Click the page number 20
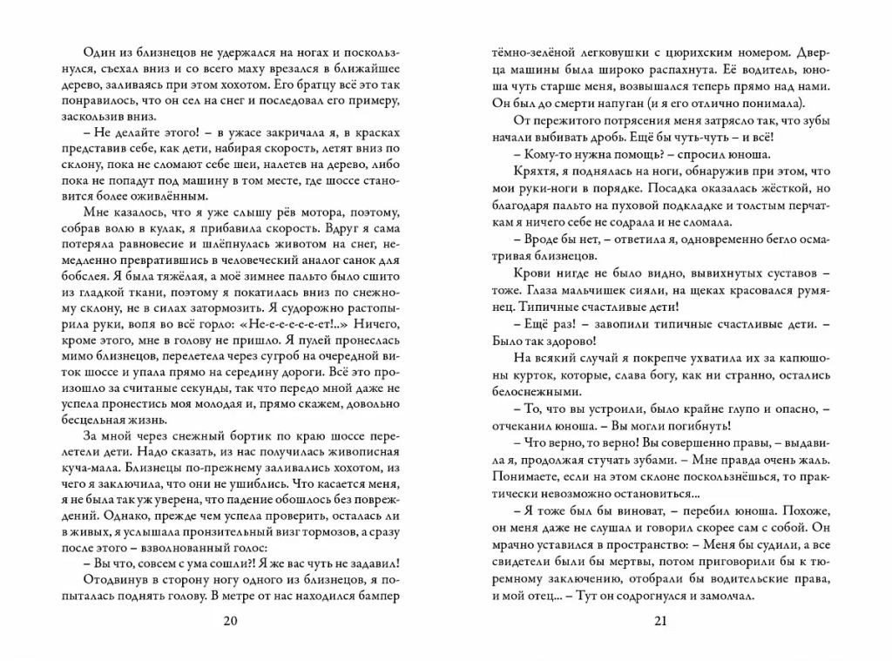(230, 620)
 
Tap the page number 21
(659, 620)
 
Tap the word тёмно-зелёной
(526, 51)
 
